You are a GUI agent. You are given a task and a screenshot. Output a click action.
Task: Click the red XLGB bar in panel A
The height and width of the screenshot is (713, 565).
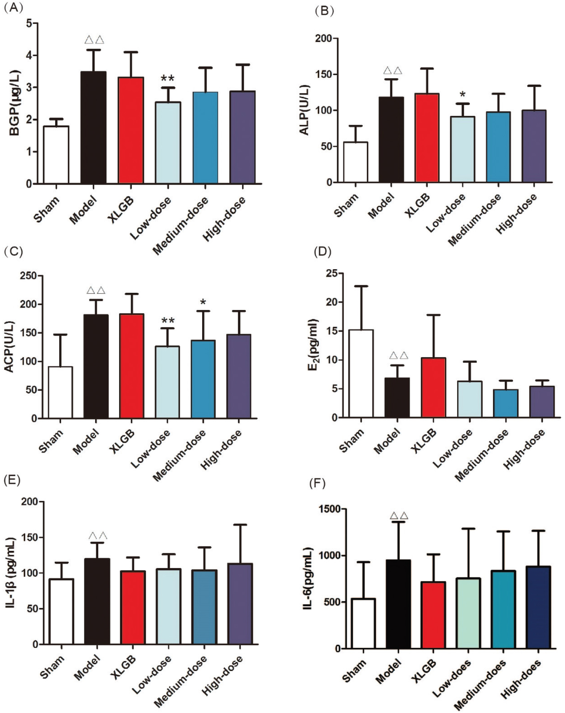(131, 130)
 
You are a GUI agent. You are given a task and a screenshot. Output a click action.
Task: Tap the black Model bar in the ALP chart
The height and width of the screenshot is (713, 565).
(391, 140)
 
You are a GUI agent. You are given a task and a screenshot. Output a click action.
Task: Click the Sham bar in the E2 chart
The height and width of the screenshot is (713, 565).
(361, 373)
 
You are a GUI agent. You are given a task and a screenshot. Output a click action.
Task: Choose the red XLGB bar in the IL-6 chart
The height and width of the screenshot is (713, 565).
(433, 615)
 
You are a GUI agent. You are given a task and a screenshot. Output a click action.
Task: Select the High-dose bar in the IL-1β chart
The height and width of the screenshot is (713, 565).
(240, 604)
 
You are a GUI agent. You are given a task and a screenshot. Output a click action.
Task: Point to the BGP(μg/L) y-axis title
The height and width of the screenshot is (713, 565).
(15, 103)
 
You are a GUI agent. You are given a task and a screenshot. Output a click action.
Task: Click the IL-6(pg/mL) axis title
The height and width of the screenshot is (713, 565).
(308, 579)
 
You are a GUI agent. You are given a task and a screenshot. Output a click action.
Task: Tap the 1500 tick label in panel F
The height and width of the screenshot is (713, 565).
(329, 509)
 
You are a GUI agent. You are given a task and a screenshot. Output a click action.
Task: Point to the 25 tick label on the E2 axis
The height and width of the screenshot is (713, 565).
(331, 273)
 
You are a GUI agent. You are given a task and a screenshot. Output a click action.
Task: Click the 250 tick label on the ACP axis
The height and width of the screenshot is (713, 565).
(28, 276)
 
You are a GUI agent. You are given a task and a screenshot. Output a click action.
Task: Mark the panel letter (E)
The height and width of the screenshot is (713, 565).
(12, 480)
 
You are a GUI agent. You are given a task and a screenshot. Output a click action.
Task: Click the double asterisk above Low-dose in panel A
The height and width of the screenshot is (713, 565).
(167, 78)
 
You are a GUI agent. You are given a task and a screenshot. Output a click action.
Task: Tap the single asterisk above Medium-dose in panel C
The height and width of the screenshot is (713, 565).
(203, 302)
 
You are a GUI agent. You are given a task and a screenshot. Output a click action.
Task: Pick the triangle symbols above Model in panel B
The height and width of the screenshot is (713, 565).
(392, 71)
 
